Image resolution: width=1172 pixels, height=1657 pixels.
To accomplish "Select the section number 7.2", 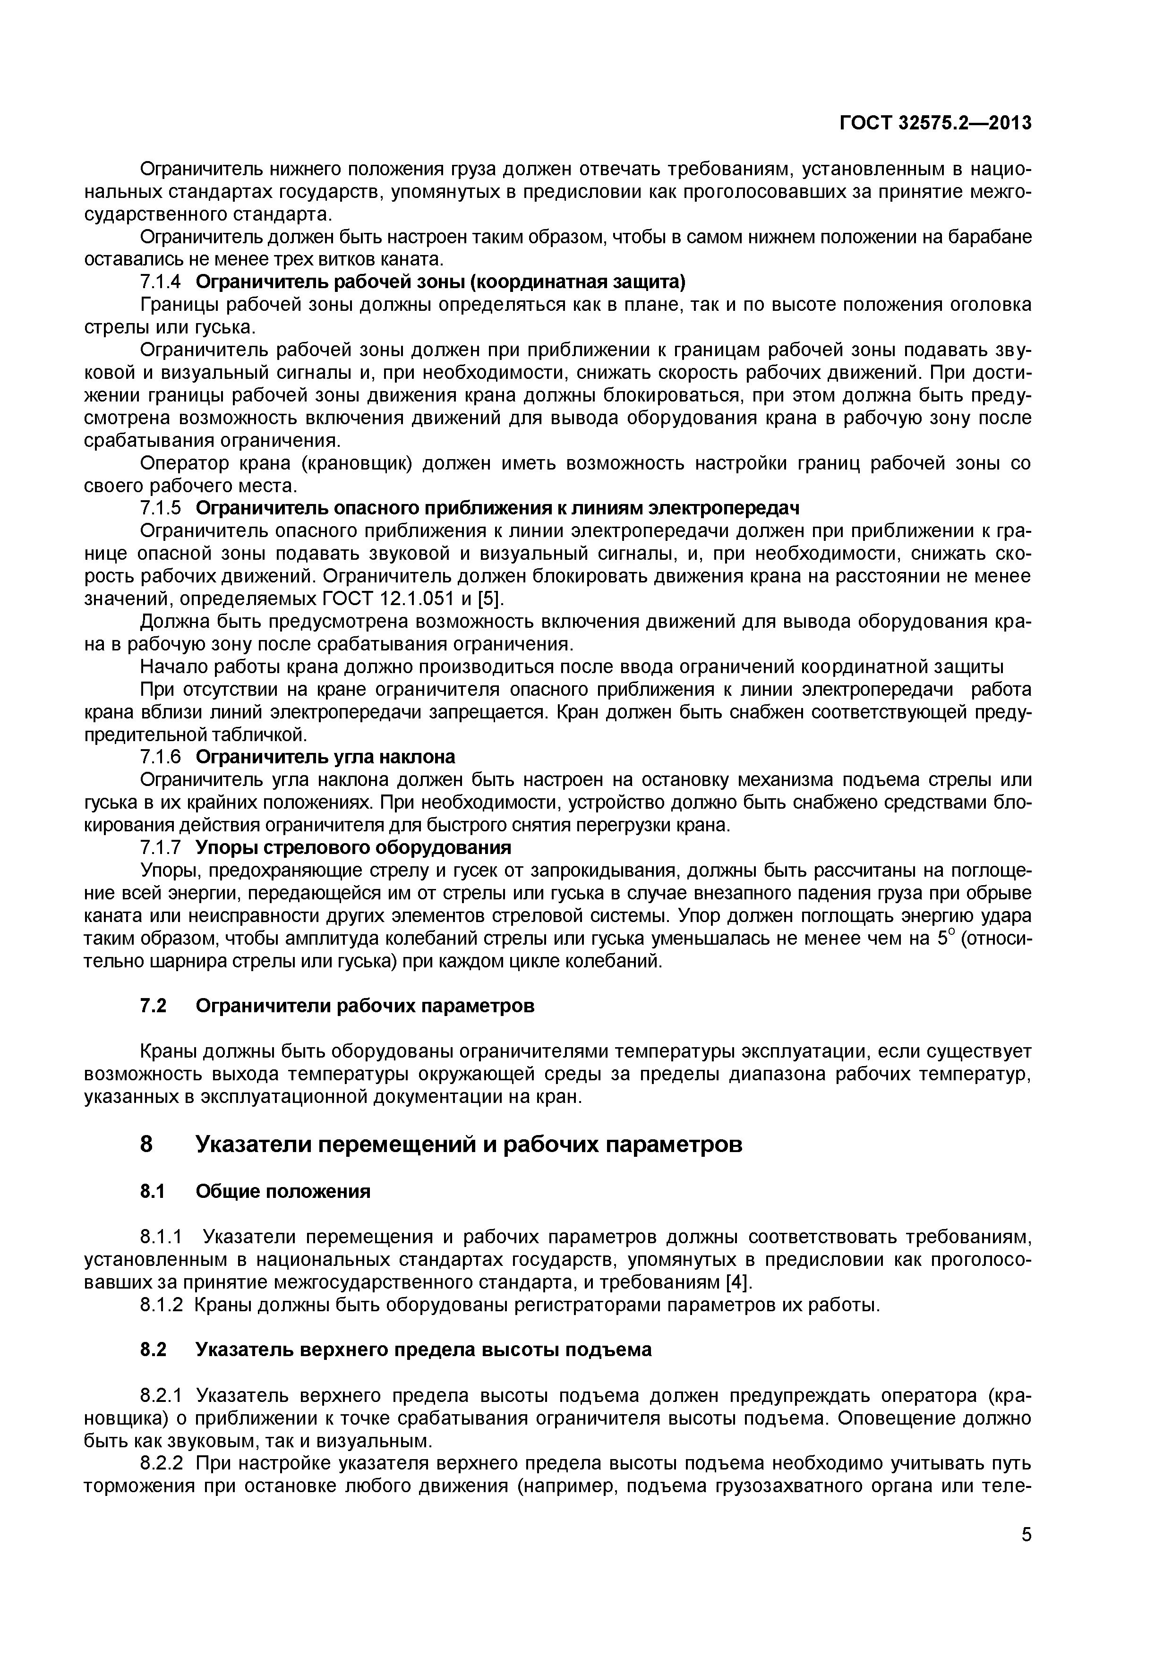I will point(153,1006).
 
